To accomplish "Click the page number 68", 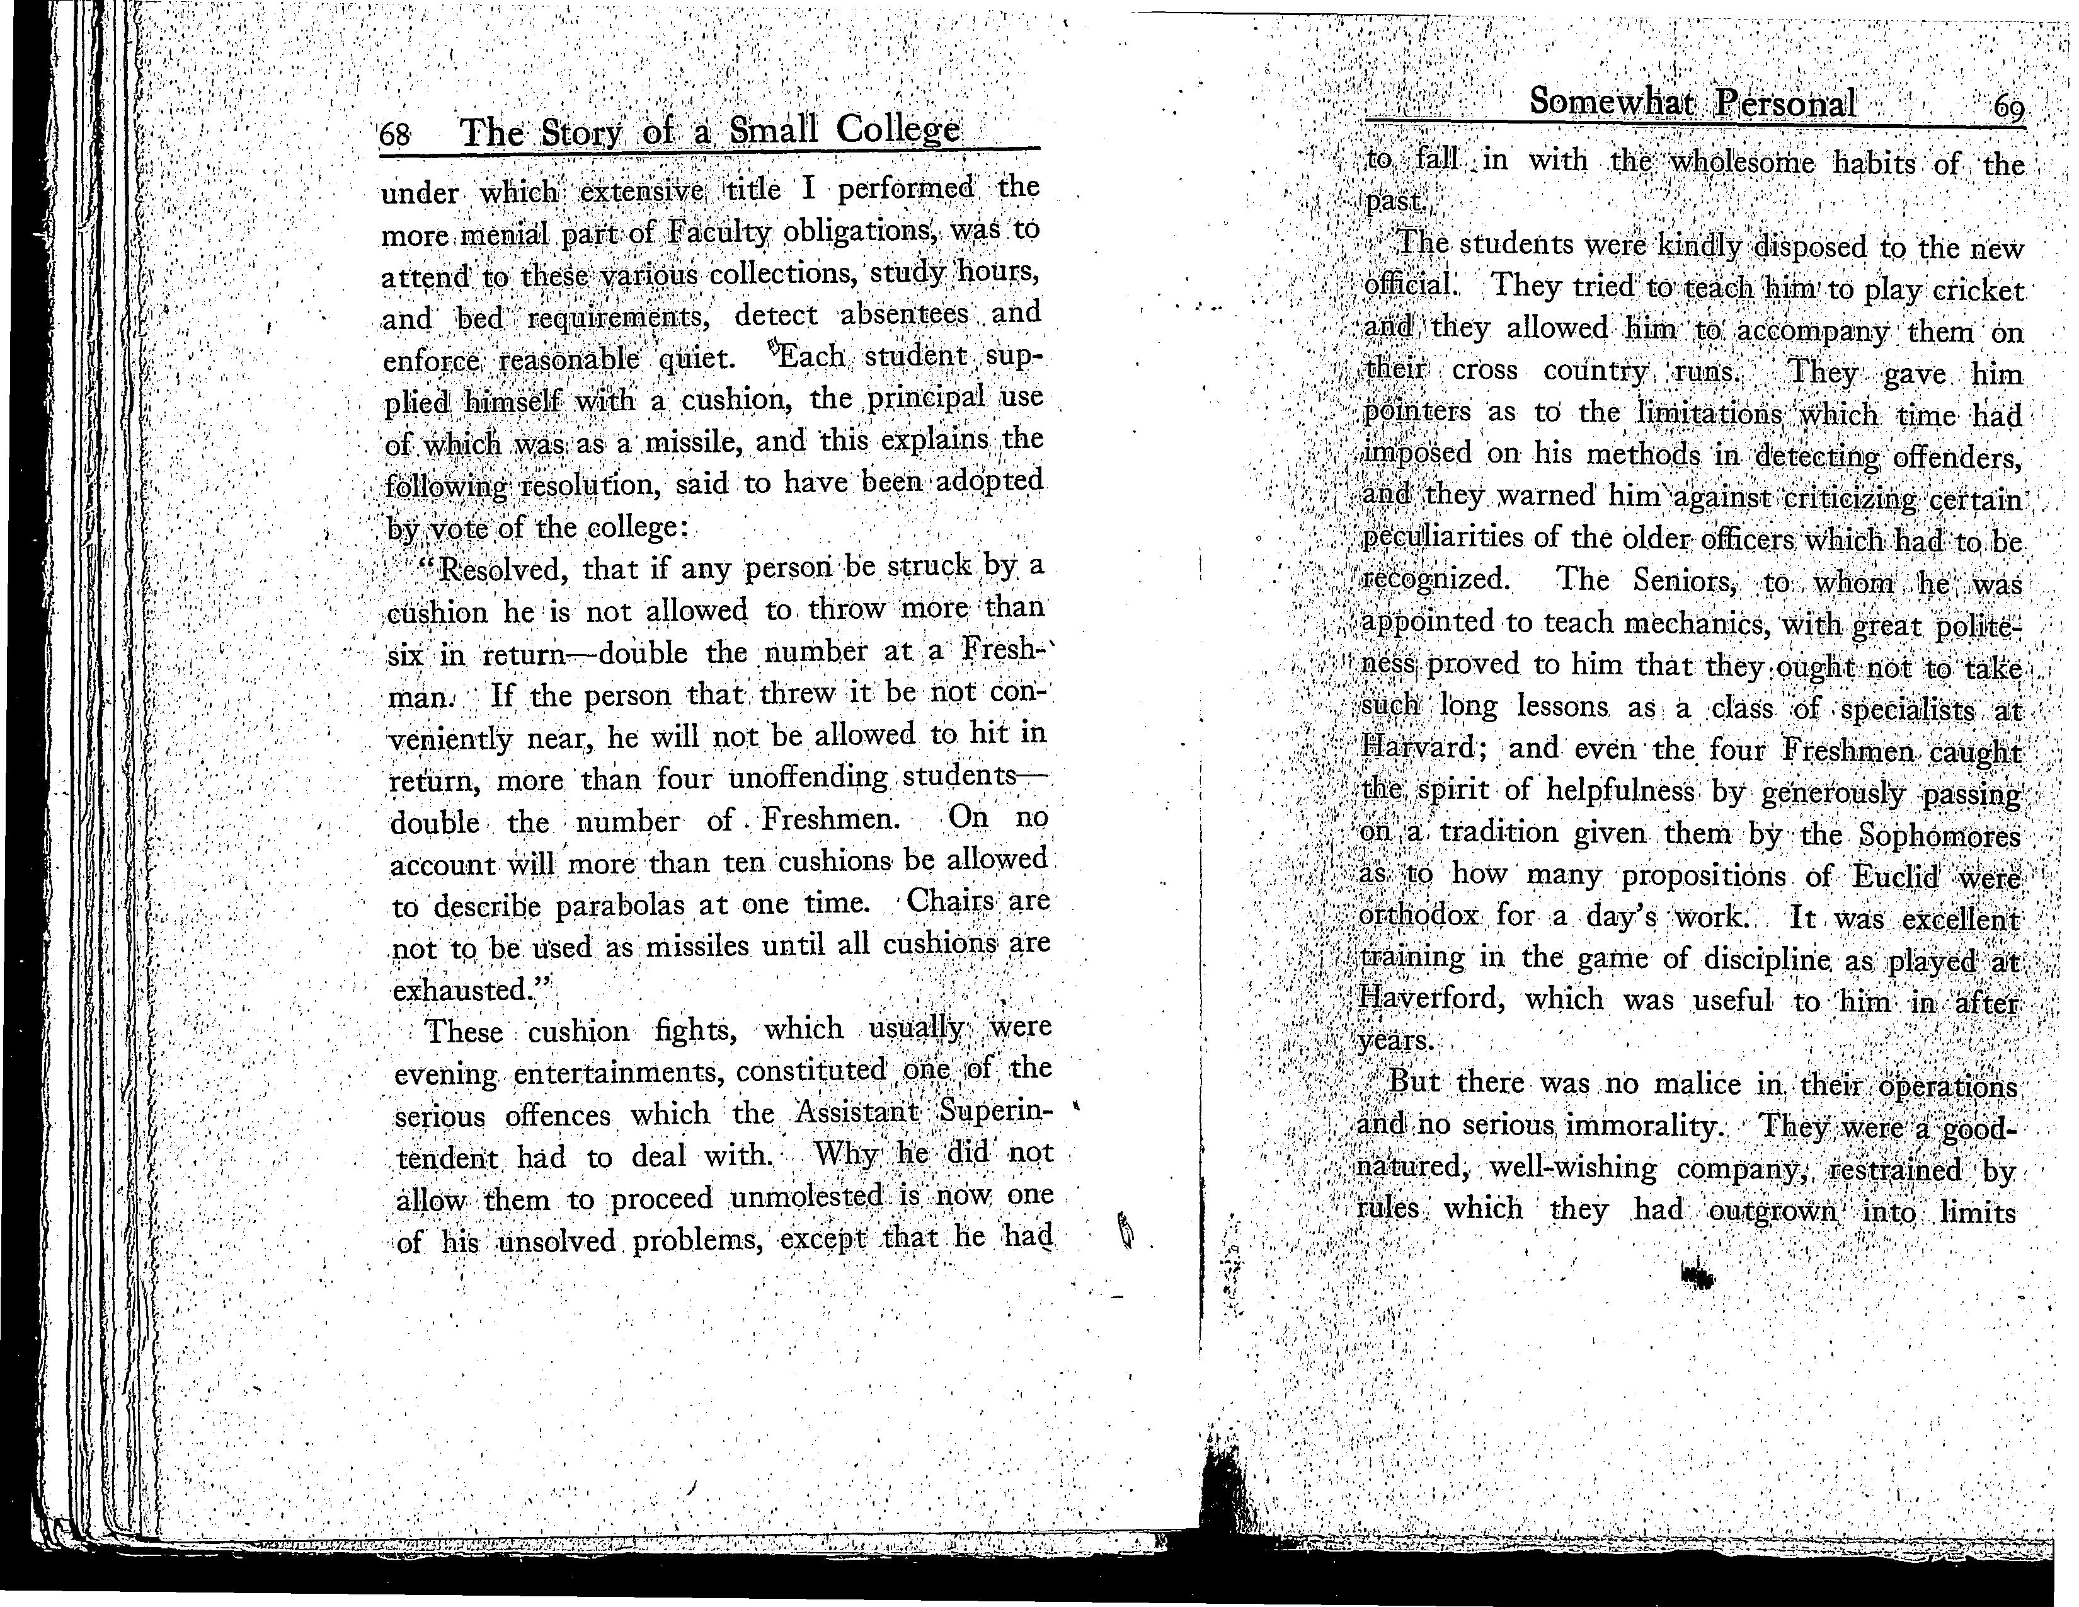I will pyautogui.click(x=395, y=135).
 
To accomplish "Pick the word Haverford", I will pyautogui.click(x=1432, y=999).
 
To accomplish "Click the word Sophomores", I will pyautogui.click(x=1939, y=835).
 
